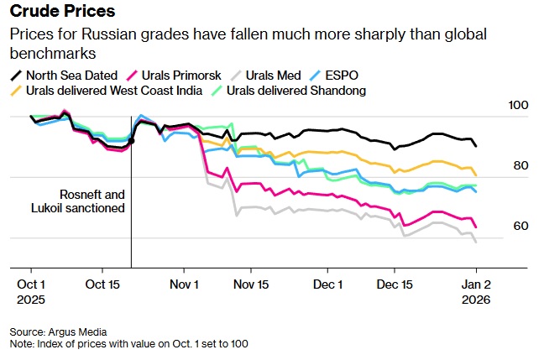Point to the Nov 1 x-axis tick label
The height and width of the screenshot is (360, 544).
[184, 284]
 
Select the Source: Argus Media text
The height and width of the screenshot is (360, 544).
[59, 331]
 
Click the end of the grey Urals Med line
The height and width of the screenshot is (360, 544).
[476, 243]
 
